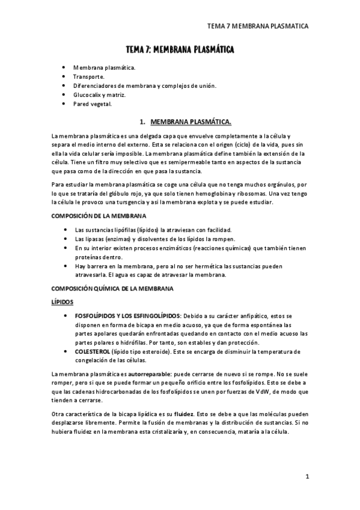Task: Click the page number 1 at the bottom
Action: [307, 477]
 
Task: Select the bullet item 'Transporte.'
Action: [89, 77]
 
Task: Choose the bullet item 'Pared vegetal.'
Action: [93, 103]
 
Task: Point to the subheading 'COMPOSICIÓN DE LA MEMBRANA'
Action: [96, 215]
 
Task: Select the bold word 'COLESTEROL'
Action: [93, 351]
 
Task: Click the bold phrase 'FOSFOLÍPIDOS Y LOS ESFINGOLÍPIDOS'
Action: [127, 315]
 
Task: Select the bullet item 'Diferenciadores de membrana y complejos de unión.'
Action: [145, 86]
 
